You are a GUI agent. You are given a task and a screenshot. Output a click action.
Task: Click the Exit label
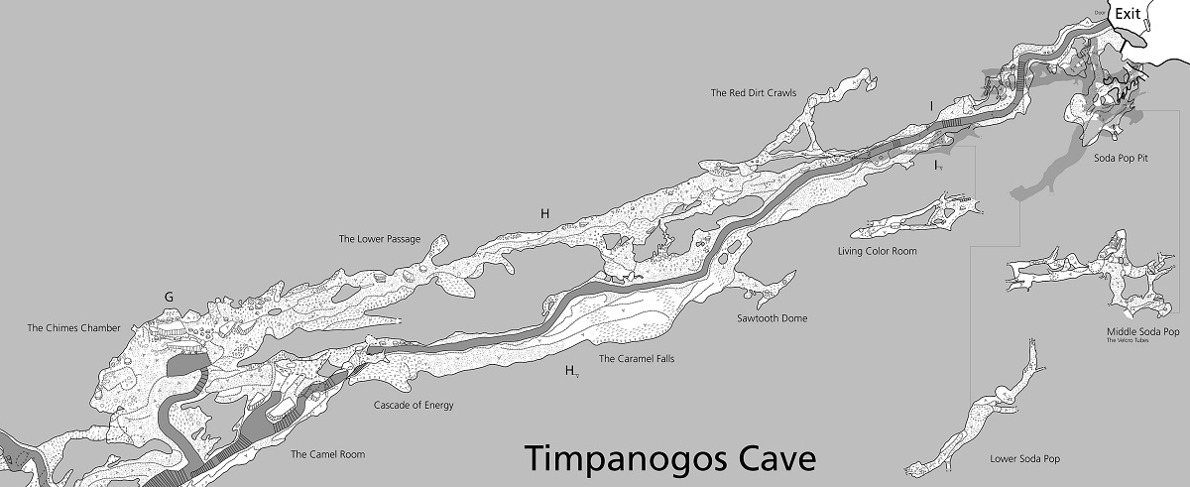(x=1128, y=14)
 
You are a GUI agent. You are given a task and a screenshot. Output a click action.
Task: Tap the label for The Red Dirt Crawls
(x=754, y=93)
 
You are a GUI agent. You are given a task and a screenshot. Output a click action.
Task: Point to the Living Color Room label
(x=877, y=252)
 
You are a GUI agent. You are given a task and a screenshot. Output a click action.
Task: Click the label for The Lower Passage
(x=379, y=239)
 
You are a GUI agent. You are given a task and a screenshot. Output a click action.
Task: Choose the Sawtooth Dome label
(x=772, y=318)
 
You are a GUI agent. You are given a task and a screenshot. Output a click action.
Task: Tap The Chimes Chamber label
(x=73, y=328)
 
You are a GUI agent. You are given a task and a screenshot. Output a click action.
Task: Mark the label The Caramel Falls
(x=637, y=359)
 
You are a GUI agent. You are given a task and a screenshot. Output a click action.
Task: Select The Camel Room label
(x=327, y=454)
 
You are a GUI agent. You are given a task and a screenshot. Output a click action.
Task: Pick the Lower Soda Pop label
(x=1025, y=459)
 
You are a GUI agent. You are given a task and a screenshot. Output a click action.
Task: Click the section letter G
(x=169, y=297)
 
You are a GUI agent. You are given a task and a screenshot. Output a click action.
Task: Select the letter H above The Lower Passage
(x=544, y=213)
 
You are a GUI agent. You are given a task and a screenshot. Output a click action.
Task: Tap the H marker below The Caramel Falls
(x=570, y=371)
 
